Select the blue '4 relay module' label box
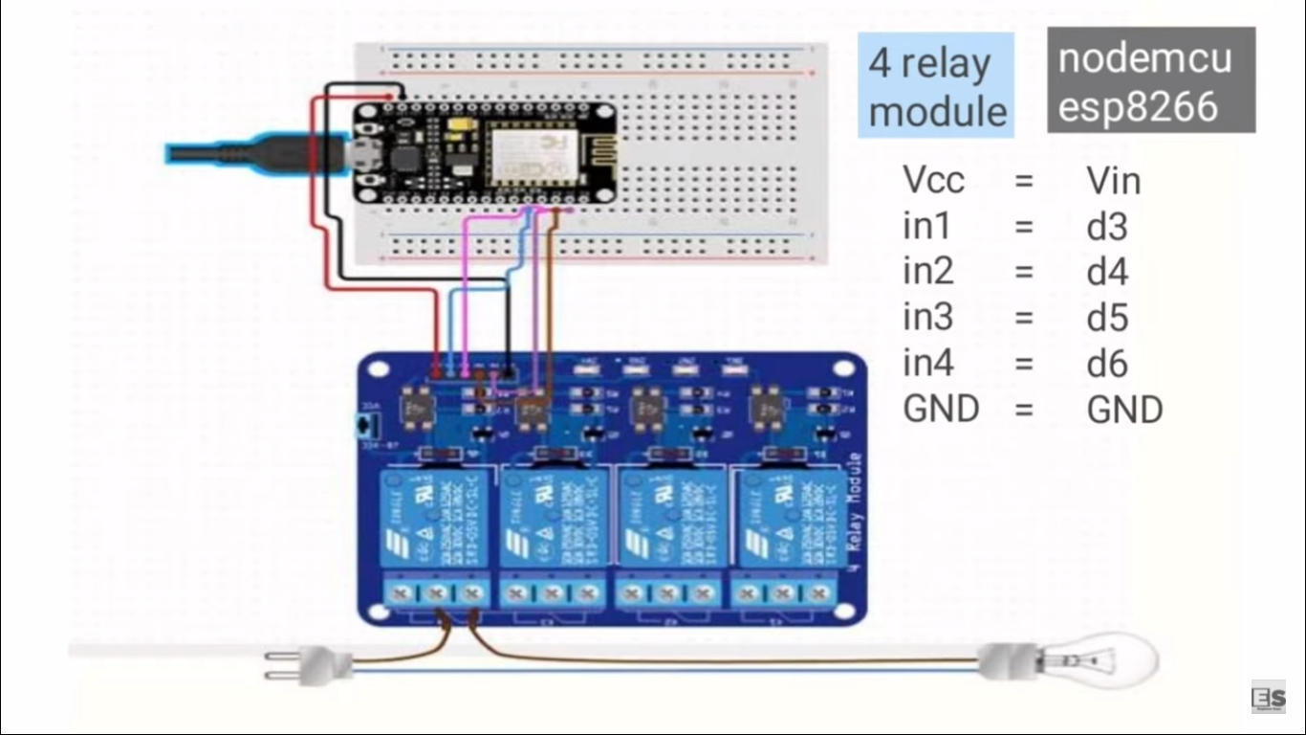(x=935, y=86)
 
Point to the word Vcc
(x=933, y=180)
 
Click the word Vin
(x=1113, y=180)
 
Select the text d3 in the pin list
(x=1107, y=227)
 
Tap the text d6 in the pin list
(x=1107, y=364)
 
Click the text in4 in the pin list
(x=927, y=364)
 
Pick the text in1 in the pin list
(x=926, y=227)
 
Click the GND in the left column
(x=941, y=409)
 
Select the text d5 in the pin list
(x=1107, y=318)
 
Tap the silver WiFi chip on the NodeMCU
(x=525, y=153)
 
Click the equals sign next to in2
(x=1024, y=273)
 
